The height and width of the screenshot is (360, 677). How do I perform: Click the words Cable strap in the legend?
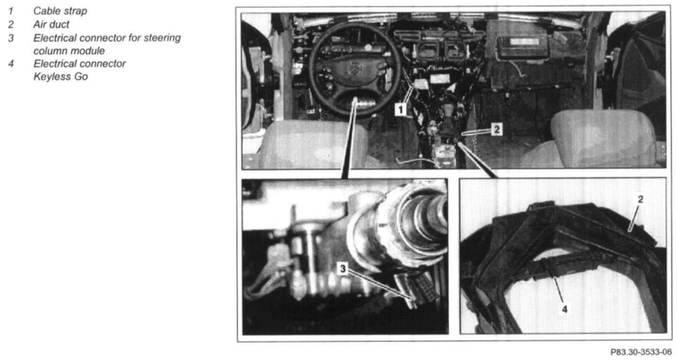pyautogui.click(x=60, y=11)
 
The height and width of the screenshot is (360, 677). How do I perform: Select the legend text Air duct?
pyautogui.click(x=51, y=24)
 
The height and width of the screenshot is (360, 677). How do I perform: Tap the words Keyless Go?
pyautogui.click(x=61, y=77)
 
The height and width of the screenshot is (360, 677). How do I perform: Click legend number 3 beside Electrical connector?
pyautogui.click(x=11, y=38)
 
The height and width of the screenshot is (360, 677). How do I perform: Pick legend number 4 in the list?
pyautogui.click(x=11, y=63)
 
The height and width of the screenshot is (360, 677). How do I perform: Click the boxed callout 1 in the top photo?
pyautogui.click(x=401, y=109)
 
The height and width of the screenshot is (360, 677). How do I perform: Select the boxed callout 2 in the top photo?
pyautogui.click(x=496, y=130)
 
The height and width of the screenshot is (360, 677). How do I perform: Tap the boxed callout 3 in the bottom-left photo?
pyautogui.click(x=343, y=268)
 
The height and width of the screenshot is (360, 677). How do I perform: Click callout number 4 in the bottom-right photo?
pyautogui.click(x=564, y=309)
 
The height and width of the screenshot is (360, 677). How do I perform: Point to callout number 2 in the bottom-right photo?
pyautogui.click(x=640, y=199)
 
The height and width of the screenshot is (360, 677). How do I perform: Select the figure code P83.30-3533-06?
pyautogui.click(x=641, y=352)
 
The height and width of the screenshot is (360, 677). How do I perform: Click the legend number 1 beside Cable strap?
pyautogui.click(x=11, y=11)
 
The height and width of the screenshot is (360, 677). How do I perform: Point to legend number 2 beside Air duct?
pyautogui.click(x=11, y=24)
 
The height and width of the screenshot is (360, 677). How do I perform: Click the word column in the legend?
pyautogui.click(x=51, y=51)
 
